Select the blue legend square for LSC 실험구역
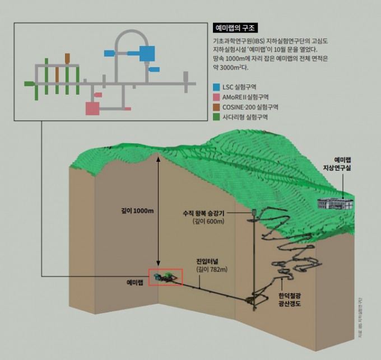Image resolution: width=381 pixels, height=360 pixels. (217, 87)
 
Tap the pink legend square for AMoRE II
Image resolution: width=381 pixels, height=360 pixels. (217, 97)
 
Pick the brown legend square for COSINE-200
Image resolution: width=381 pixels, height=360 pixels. (217, 106)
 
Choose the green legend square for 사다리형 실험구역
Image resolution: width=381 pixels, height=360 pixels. (217, 116)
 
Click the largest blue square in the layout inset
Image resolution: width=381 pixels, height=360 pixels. (146, 54)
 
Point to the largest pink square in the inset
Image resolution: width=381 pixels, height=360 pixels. (92, 107)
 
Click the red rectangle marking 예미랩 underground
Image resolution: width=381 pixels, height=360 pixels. (165, 277)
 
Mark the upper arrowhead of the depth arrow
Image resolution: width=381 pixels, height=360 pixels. (159, 158)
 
